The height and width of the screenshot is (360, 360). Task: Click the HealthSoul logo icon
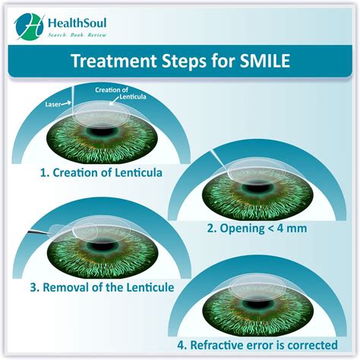pos(29,26)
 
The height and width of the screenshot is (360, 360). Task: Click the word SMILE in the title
pos(265,61)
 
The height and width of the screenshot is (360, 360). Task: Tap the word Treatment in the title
pos(115,61)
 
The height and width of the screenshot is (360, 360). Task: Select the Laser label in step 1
pos(53,104)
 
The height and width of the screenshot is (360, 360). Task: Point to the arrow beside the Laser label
pos(66,103)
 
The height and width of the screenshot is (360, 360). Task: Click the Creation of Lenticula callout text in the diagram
pos(121,93)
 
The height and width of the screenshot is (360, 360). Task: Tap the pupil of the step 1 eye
pos(103,132)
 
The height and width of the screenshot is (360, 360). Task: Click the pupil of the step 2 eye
pos(258,188)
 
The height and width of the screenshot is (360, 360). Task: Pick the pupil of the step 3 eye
pos(103,246)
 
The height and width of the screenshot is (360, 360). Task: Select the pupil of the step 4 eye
pos(258,303)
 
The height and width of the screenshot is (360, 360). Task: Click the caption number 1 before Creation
pos(44,173)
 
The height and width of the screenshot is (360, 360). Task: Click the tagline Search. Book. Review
pos(77,35)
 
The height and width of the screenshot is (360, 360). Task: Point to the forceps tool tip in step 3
pos(48,232)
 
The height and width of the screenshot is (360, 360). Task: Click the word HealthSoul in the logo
pos(77,23)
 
